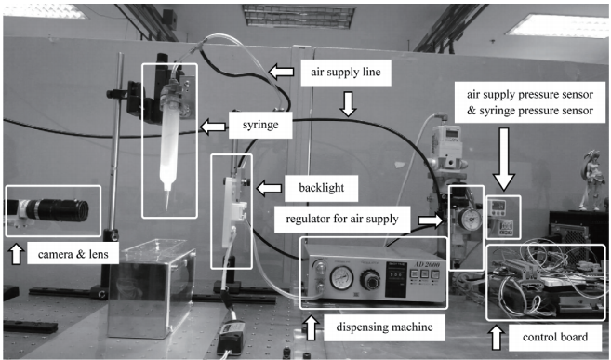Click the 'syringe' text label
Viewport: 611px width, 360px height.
point(260,125)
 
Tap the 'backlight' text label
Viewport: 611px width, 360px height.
point(322,188)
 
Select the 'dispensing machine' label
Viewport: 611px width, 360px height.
point(384,327)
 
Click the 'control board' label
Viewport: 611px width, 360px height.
point(555,337)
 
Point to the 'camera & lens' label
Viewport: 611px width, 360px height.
point(73,254)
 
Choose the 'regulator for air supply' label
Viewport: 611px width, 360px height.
point(342,219)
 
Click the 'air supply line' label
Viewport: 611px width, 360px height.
point(346,72)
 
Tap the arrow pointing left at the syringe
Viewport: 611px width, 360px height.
point(213,127)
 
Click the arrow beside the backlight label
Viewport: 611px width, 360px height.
point(269,188)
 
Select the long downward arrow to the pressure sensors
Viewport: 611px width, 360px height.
point(504,159)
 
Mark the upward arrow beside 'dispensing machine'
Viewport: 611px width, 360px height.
point(311,328)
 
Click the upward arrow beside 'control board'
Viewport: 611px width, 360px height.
point(496,338)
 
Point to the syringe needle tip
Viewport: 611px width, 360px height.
point(167,209)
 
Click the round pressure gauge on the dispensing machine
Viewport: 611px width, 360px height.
point(341,278)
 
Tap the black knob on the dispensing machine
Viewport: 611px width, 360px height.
point(370,279)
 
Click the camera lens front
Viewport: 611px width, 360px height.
point(82,210)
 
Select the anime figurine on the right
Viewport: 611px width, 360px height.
point(591,180)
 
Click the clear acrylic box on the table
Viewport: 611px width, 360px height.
point(152,288)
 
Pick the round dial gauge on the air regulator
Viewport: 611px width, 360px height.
point(469,220)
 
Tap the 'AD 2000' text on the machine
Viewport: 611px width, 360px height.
point(427,264)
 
